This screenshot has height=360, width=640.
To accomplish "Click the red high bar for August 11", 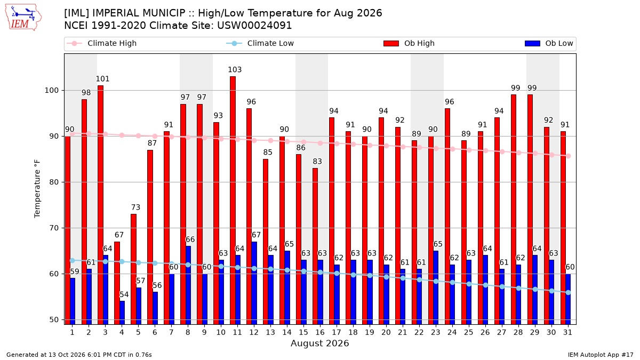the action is click(x=233, y=201).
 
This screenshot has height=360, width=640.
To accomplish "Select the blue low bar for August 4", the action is click(x=122, y=313).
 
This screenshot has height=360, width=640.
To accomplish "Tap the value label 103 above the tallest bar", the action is click(x=235, y=70).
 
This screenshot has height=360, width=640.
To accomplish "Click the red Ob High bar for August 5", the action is click(x=134, y=269).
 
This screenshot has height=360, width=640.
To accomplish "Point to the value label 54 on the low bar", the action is click(x=124, y=294).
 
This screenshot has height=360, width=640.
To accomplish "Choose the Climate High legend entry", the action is click(x=102, y=43).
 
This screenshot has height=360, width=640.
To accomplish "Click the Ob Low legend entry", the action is click(x=549, y=43).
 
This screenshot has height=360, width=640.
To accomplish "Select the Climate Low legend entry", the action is click(x=260, y=43).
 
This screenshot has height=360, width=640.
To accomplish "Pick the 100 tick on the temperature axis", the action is click(x=51, y=90).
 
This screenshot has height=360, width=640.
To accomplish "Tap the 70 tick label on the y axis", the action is click(x=54, y=228).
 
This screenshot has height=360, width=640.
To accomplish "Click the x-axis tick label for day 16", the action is click(x=320, y=332).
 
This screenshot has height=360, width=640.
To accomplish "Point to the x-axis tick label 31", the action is click(x=567, y=332).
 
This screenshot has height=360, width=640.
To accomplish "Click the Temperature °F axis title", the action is click(x=37, y=189).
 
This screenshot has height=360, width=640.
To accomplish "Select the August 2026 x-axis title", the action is click(x=319, y=343).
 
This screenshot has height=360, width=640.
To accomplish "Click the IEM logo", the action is click(x=23, y=18).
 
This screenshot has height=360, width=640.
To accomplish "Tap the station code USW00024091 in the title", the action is click(x=254, y=26).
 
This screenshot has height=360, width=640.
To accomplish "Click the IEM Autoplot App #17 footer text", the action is click(x=601, y=355).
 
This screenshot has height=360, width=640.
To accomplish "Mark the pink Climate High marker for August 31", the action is click(x=569, y=156).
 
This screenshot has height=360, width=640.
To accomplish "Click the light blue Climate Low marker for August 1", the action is click(x=73, y=261).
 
